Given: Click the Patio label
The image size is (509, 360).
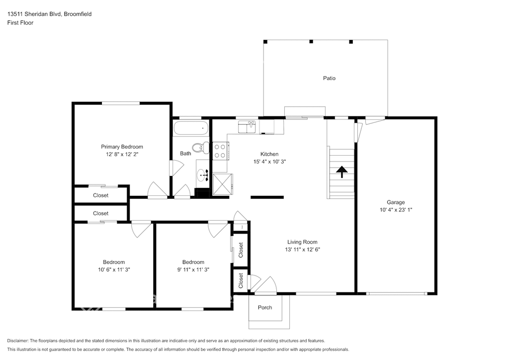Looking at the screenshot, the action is [329, 78].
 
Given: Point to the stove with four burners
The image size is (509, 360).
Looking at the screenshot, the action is [220, 151].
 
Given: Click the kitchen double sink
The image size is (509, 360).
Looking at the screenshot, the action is [247, 127].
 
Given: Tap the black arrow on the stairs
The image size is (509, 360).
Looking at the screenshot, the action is [342, 172].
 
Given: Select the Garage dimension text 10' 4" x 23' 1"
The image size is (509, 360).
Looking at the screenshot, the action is [396, 210].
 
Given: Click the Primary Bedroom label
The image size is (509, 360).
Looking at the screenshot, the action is [122, 147].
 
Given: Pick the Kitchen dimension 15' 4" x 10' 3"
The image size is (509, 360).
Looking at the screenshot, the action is [269, 161].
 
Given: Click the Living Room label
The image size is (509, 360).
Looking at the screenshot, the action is [302, 242].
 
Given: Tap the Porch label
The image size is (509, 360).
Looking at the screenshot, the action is [265, 307].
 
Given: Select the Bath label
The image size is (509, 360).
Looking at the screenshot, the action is [186, 154].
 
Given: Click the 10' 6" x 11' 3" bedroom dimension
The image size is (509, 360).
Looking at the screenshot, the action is [114, 270].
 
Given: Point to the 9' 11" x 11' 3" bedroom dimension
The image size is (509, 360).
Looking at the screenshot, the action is [193, 270].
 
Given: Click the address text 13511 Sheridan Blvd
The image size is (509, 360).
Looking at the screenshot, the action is [34, 14].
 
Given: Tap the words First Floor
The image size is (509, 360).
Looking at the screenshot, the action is [20, 23].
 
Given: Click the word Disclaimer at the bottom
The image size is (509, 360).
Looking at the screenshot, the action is [17, 341].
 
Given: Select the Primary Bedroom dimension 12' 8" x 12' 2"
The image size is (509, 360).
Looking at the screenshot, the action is [122, 154].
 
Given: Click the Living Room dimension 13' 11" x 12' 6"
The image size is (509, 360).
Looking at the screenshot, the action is [302, 249].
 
